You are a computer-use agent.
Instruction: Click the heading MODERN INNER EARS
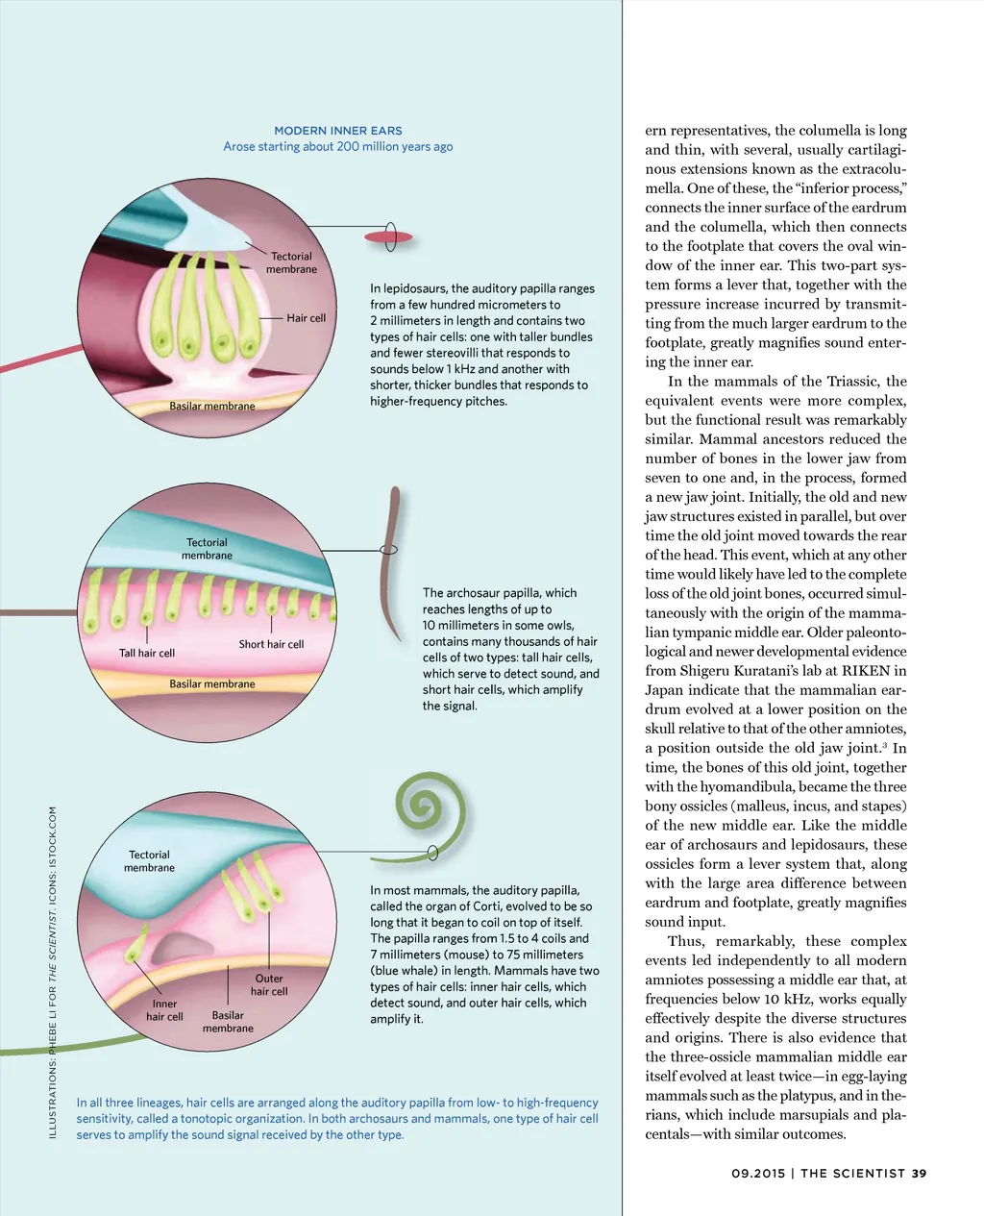tap(338, 131)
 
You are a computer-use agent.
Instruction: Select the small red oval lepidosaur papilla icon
tap(387, 236)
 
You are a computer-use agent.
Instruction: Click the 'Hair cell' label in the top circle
tap(306, 318)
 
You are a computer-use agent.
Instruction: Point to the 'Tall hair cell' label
tap(147, 654)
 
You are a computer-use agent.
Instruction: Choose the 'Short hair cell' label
tap(271, 644)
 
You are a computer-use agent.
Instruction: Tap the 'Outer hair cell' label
tap(269, 984)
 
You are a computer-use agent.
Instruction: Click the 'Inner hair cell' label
tap(164, 1009)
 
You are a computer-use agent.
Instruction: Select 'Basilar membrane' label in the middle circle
tap(212, 684)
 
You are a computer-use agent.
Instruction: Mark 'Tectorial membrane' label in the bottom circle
tap(149, 861)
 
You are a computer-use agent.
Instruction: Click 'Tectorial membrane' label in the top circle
tap(291, 262)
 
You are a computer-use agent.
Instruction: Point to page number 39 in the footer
tap(920, 1173)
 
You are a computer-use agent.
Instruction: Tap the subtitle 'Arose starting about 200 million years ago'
tap(338, 147)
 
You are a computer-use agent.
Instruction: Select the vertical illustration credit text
tap(53, 971)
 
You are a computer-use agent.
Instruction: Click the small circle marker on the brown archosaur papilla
tap(389, 550)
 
